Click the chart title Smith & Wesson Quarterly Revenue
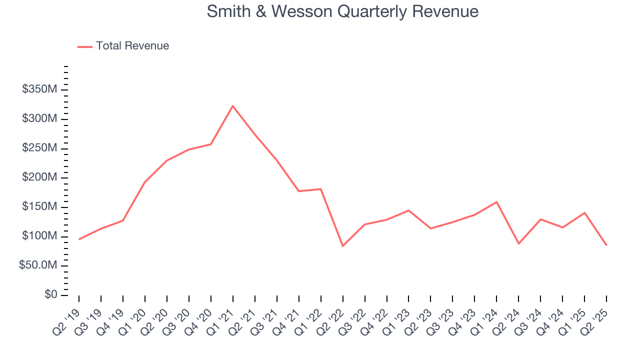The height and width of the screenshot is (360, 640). pos(342,11)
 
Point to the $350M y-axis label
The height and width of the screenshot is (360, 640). pos(39,89)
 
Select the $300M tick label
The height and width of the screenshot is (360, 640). pos(39,119)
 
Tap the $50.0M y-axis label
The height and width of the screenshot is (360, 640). pos(37,265)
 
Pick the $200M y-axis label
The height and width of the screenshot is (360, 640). pos(39,177)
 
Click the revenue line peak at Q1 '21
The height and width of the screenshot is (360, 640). pos(232,106)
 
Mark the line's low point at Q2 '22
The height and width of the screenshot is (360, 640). pos(342,246)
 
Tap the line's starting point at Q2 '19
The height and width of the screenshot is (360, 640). pos(79,239)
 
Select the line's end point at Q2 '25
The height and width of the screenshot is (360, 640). pos(606,245)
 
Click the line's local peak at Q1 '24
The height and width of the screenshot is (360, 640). pos(496,202)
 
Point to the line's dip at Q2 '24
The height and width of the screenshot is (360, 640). pos(518,243)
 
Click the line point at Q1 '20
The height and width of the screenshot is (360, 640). pos(145,182)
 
